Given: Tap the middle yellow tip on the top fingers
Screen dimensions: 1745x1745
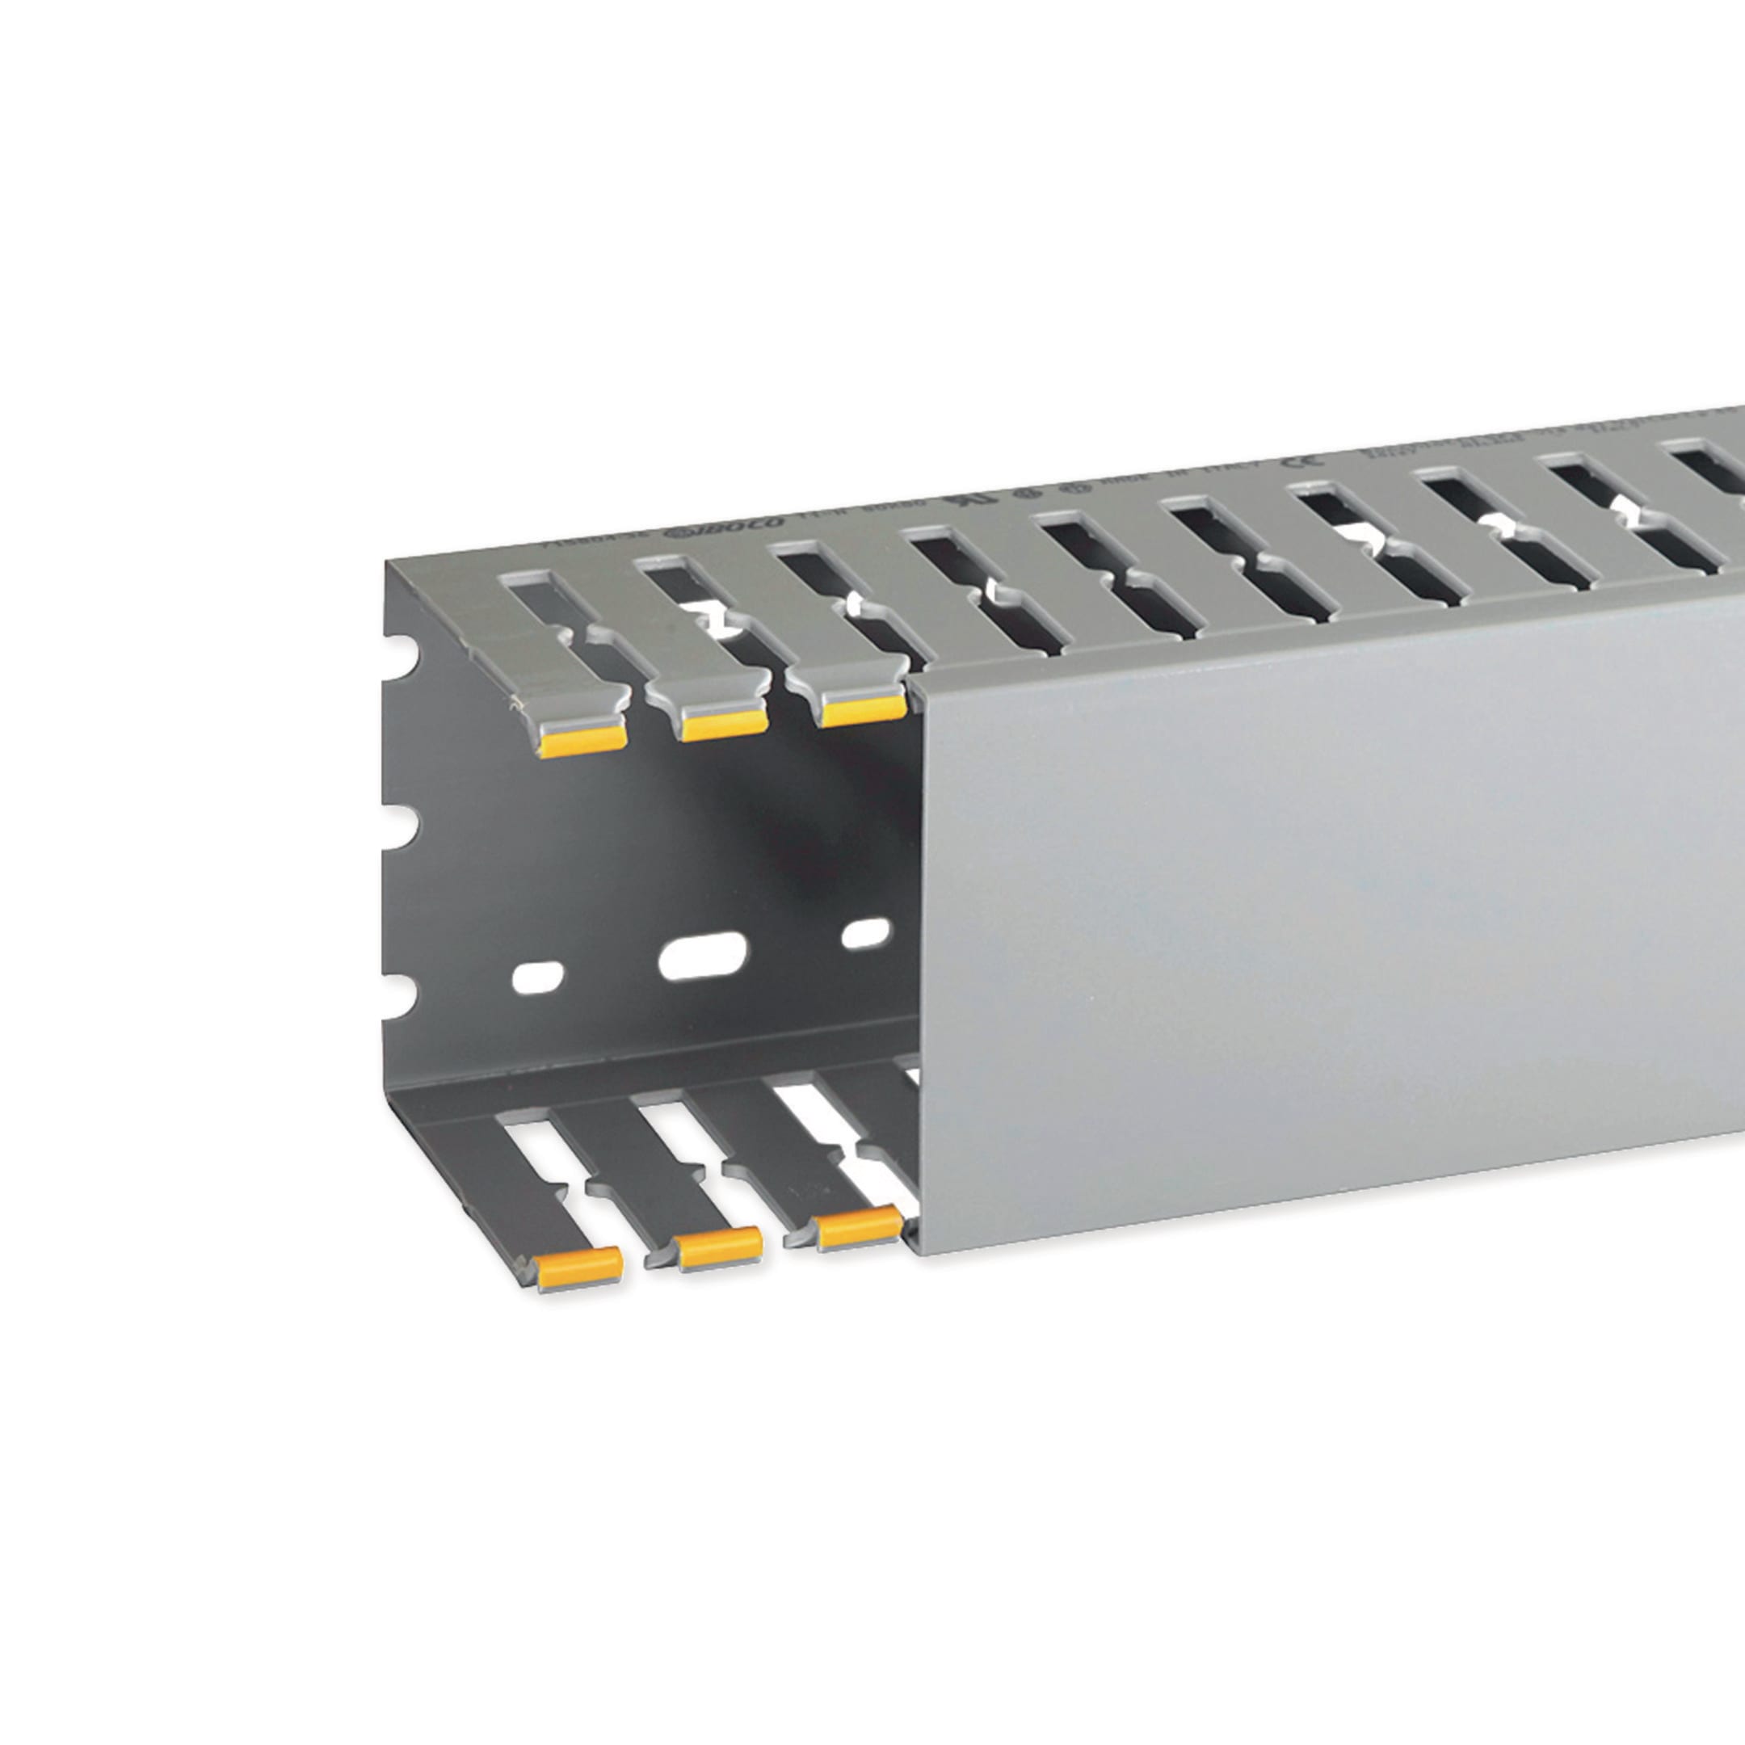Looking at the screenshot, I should click(x=725, y=725).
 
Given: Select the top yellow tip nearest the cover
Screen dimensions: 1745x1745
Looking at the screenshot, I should click(x=863, y=712).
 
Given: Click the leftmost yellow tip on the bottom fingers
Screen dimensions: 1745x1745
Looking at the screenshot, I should click(x=580, y=1270).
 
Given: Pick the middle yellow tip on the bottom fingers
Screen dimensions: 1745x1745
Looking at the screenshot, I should click(x=720, y=1249).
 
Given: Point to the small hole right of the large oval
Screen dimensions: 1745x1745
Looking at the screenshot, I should click(x=865, y=933).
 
